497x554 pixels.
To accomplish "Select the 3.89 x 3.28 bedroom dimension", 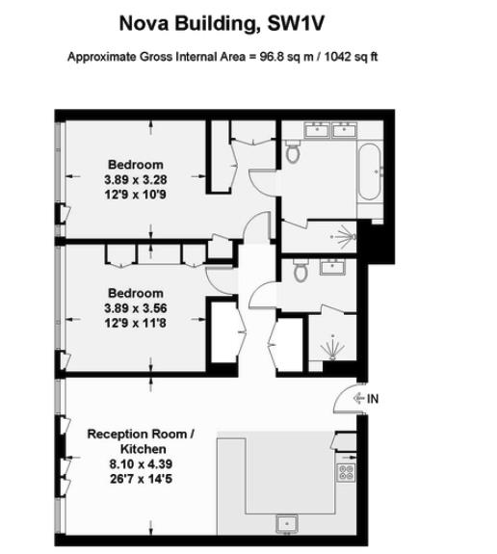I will (135, 180).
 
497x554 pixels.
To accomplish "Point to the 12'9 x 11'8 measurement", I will (135, 324).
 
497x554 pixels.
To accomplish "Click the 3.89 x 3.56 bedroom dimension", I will (135, 308).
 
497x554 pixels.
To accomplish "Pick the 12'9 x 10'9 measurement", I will (135, 196).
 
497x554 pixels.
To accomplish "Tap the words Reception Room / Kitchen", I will (142, 441).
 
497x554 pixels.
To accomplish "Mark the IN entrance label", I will (373, 398).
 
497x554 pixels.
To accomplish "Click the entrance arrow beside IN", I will (359, 398).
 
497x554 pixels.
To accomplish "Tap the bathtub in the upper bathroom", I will (371, 173).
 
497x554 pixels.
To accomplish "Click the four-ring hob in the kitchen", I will (347, 472).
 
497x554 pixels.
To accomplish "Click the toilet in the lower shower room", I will (301, 273).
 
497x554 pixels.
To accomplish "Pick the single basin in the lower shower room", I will (334, 267).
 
